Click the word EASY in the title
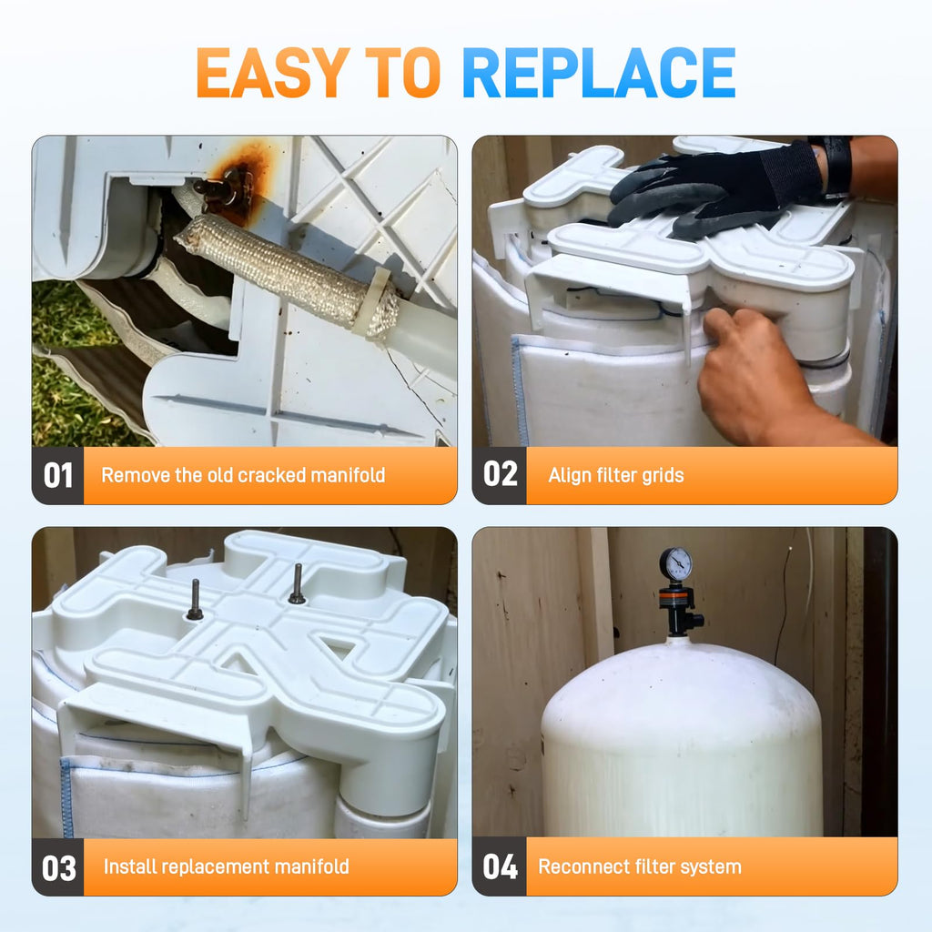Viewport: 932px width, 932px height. point(273,73)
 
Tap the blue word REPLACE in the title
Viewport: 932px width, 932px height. point(599,73)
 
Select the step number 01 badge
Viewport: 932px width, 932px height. point(57,475)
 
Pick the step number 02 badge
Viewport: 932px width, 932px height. point(500,475)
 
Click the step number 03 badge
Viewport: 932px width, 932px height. point(58,867)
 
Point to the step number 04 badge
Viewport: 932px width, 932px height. point(500,867)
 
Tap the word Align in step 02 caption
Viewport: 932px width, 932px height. point(570,475)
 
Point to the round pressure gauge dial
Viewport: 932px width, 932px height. point(676,563)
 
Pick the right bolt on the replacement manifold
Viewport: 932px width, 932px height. point(298,585)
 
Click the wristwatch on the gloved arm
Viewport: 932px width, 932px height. point(837,166)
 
